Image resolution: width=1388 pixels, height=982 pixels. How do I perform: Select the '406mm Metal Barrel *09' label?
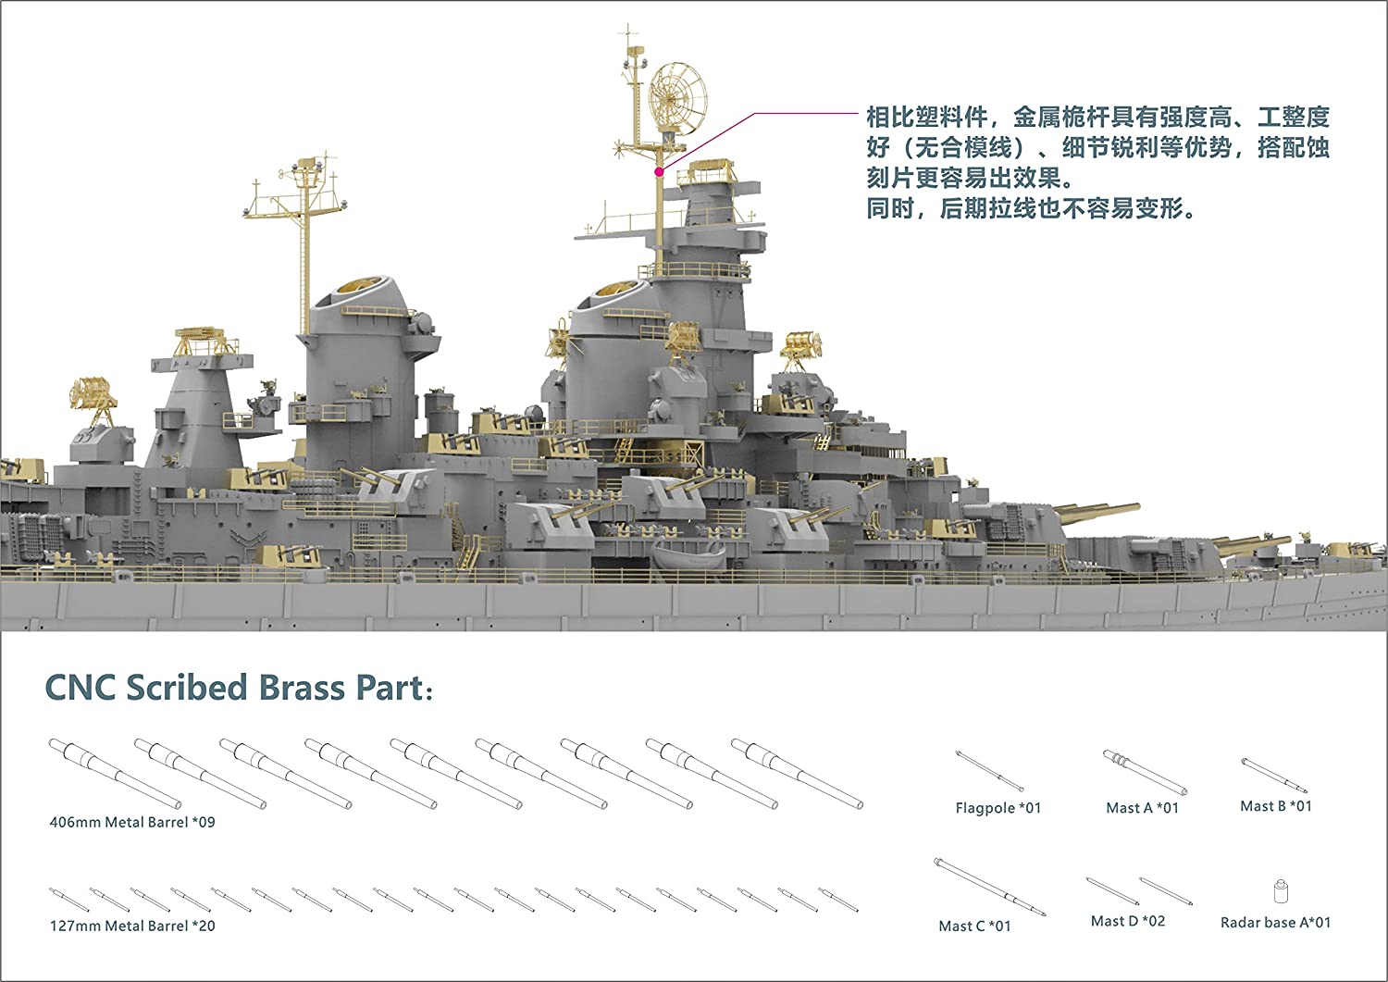coord(132,822)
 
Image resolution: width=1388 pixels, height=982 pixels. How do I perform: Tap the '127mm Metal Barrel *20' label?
coord(132,926)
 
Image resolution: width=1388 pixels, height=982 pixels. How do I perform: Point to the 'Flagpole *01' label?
coord(998,808)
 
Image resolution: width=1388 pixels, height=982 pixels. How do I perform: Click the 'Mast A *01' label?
coord(1142,808)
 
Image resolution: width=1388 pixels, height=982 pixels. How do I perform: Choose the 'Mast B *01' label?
coord(1275,806)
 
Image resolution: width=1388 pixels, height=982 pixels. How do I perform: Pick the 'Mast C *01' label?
coord(974,926)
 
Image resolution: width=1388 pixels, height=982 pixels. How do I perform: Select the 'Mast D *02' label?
coord(1128,921)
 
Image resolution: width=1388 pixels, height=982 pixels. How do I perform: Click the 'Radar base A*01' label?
coord(1275,922)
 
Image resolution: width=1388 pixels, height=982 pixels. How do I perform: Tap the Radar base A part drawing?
coord(1282,891)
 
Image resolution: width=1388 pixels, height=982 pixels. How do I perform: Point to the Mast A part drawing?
coord(1144,772)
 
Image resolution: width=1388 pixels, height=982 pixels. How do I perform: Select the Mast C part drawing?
coord(989,887)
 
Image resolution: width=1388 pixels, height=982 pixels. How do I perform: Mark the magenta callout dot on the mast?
coord(659,171)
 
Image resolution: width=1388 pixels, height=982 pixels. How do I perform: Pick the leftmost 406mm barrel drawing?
coord(115,774)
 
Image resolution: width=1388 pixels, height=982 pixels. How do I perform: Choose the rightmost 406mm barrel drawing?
coord(796,774)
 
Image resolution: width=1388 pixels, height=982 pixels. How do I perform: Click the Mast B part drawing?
coord(1274,775)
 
